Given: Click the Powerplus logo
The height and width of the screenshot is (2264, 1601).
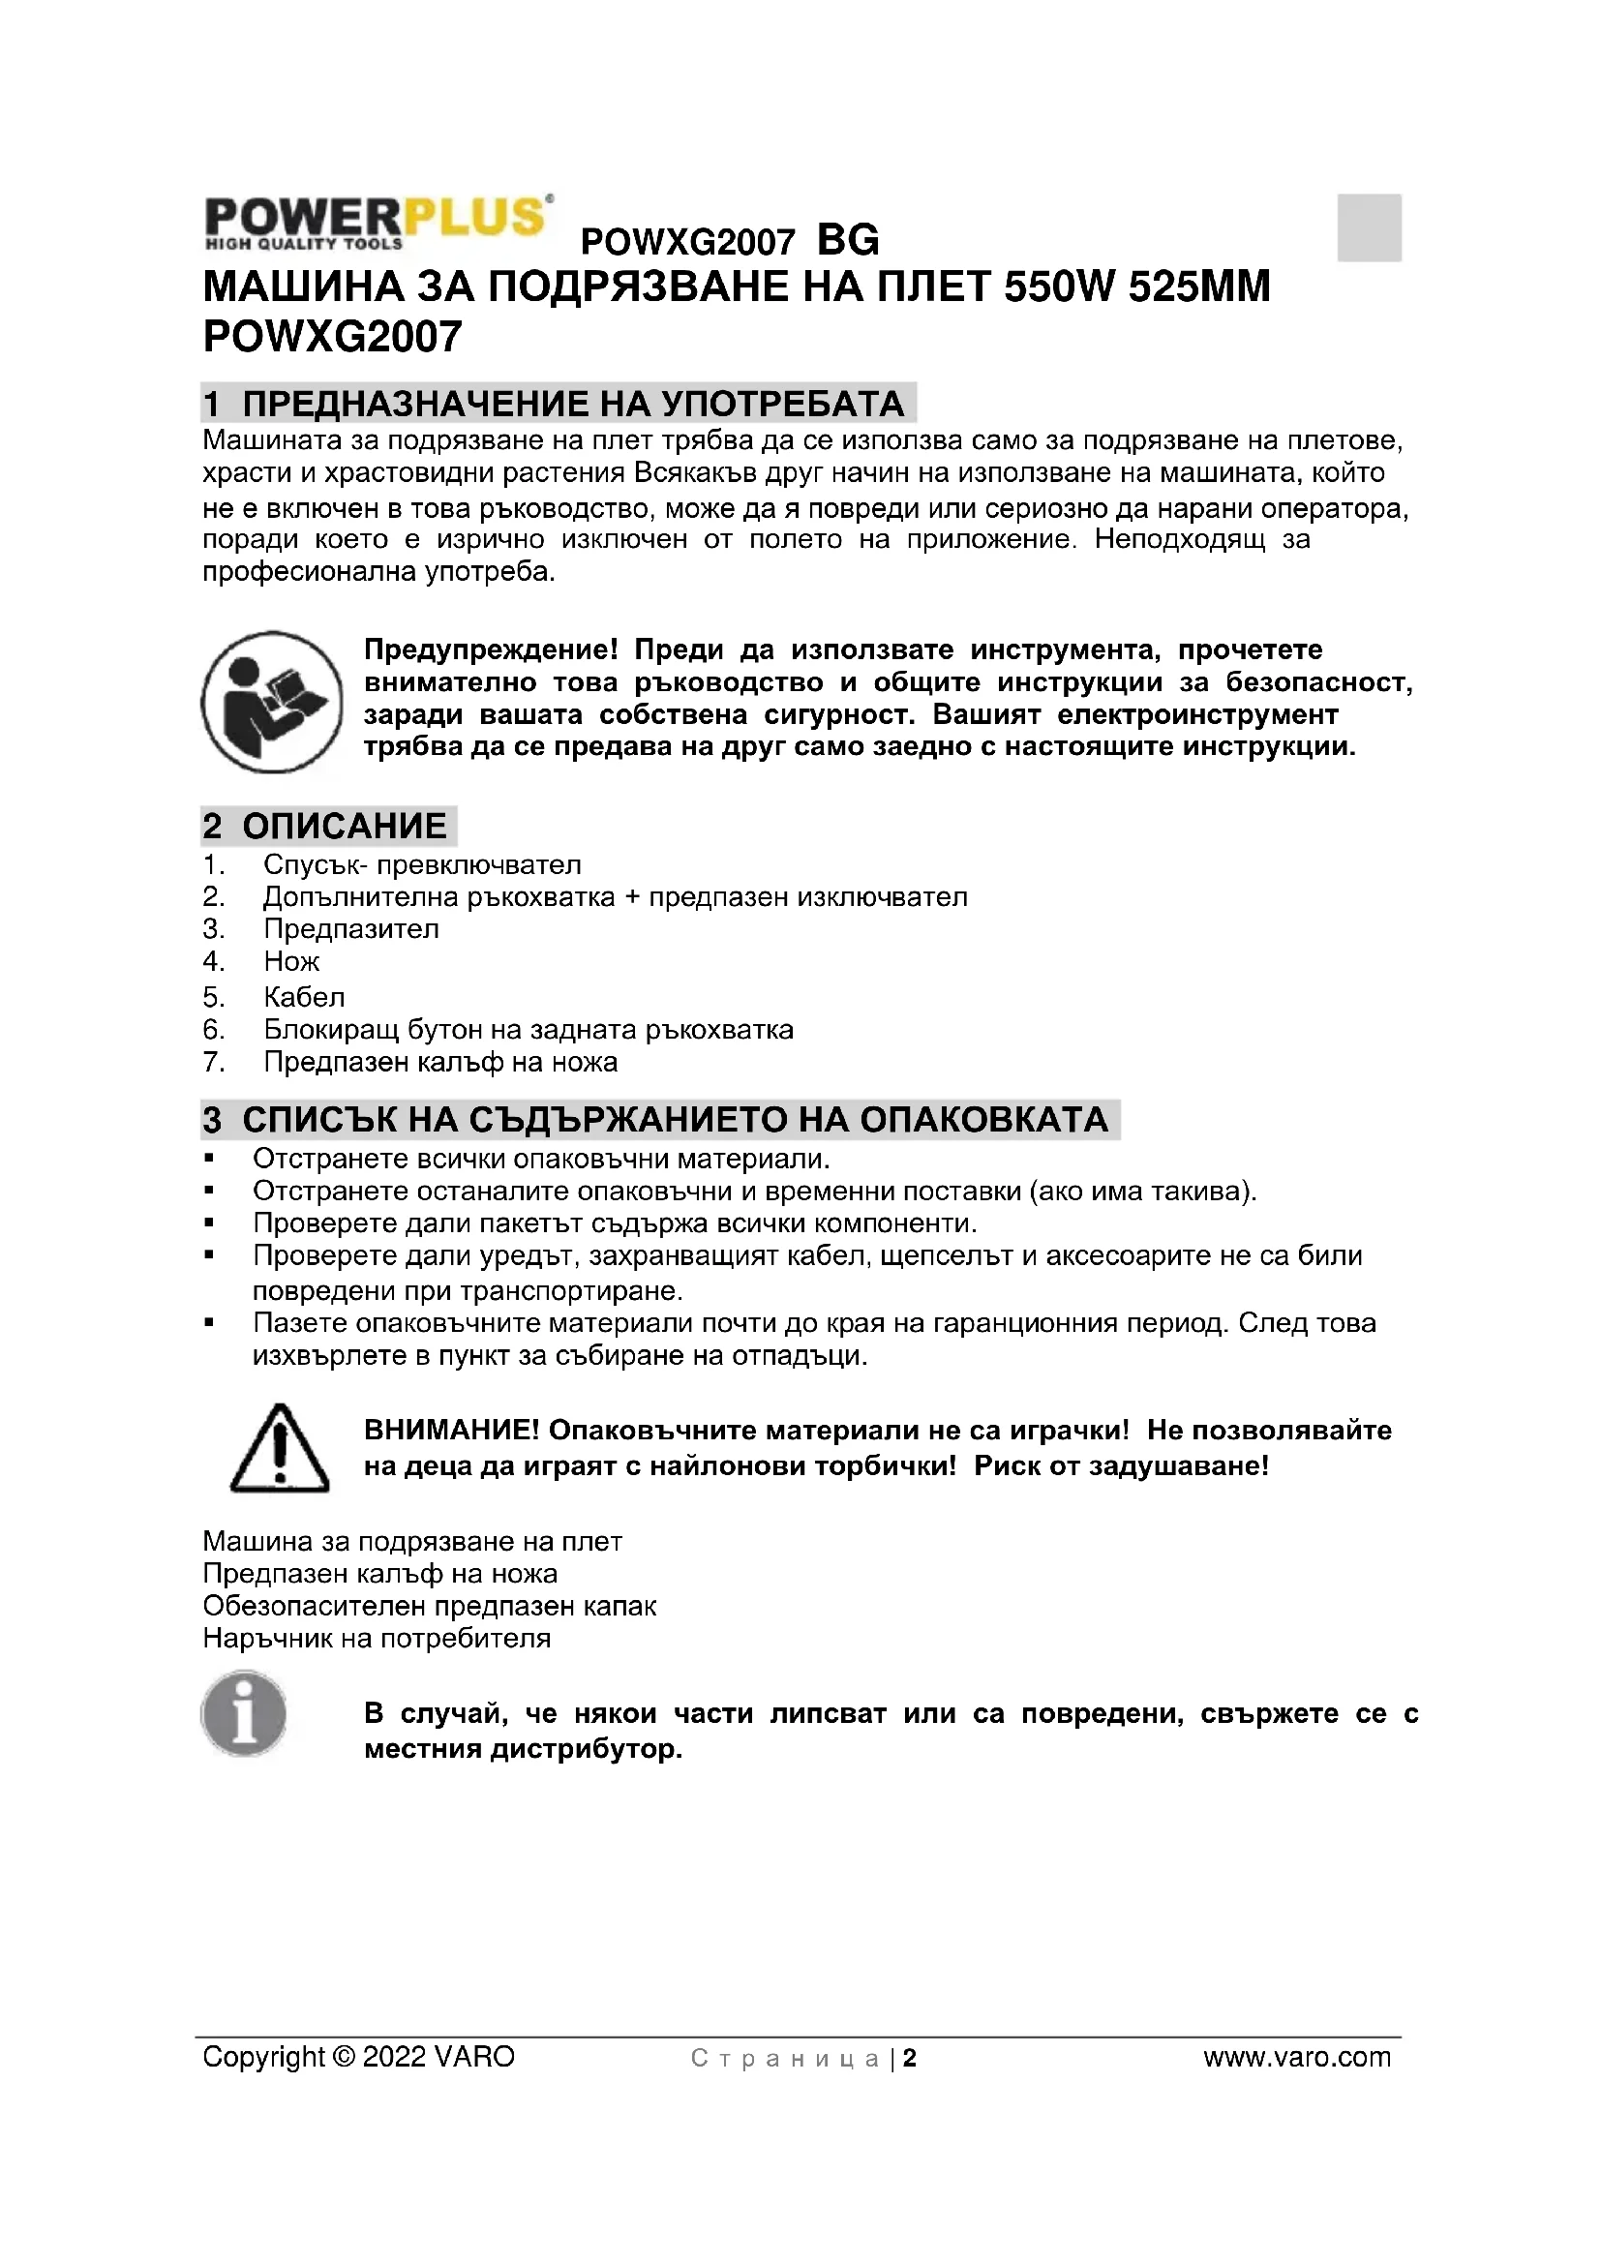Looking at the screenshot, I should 377,223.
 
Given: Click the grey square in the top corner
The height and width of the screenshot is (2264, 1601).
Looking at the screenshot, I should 1369,227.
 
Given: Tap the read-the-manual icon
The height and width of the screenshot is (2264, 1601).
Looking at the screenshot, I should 272,702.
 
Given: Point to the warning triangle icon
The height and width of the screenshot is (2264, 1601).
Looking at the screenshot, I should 279,1447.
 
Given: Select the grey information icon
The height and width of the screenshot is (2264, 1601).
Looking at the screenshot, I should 244,1713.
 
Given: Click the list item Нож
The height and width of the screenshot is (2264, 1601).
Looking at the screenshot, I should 291,961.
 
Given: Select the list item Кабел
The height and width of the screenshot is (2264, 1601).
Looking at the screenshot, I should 304,997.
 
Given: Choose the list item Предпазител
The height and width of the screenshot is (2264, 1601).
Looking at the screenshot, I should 351,929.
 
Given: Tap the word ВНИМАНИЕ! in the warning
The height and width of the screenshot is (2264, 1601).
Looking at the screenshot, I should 451,1431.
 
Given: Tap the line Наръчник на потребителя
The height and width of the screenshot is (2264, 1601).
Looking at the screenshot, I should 377,1639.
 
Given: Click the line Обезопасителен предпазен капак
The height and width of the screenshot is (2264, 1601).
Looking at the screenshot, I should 429,1607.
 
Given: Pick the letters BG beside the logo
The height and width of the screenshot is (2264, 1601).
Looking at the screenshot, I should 848,241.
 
